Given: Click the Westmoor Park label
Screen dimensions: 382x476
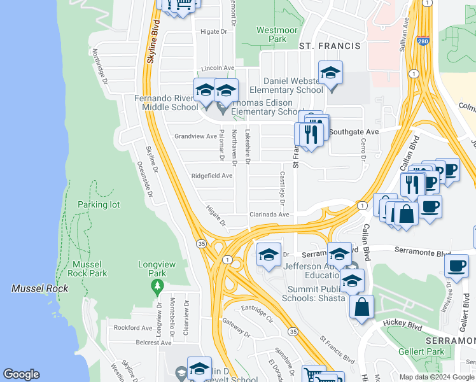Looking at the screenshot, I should [x=271, y=34].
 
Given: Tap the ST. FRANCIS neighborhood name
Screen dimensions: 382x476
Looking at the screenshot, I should [x=330, y=46].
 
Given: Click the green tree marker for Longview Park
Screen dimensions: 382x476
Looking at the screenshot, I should [x=157, y=288].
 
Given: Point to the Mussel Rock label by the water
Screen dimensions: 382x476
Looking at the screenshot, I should [x=39, y=288].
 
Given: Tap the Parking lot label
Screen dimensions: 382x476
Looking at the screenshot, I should [x=99, y=204].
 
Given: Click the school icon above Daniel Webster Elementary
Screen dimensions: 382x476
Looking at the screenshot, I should [x=330, y=74].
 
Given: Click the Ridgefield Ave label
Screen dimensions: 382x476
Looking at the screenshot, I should [x=212, y=176].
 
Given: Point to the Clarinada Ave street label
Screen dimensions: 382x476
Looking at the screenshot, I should [x=269, y=215].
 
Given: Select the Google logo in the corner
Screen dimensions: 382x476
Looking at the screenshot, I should [x=21, y=374].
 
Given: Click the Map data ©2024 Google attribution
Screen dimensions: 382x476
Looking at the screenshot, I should [x=437, y=377].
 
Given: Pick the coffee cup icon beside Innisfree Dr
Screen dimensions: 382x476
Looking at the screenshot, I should [x=456, y=266].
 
